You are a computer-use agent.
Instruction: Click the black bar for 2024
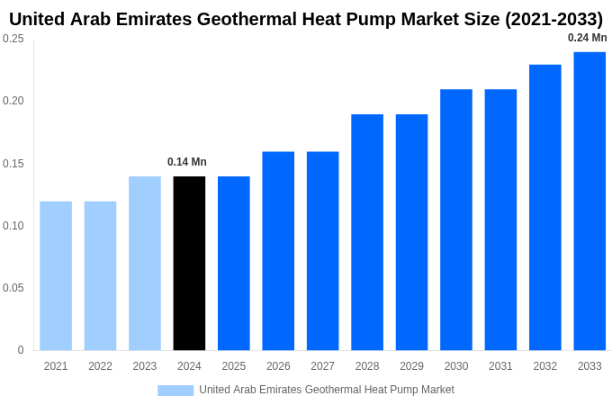tap(189, 263)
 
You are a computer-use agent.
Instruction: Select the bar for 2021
tap(56, 275)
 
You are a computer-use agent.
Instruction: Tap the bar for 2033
tap(589, 201)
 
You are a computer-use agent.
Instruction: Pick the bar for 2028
tap(367, 232)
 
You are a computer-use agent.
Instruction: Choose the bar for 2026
tap(278, 250)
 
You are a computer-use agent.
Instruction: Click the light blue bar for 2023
tap(145, 263)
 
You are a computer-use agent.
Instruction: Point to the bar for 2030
tap(456, 220)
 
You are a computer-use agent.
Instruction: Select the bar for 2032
tap(545, 207)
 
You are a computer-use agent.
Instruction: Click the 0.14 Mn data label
tap(187, 162)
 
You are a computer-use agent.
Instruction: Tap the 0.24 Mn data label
tap(587, 38)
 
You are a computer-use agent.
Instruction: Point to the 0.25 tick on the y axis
tap(13, 39)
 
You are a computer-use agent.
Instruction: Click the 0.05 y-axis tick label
tap(13, 288)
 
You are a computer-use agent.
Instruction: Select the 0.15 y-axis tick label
tap(13, 164)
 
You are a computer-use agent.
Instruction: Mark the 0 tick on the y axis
tap(21, 350)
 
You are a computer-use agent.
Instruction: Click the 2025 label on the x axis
tap(234, 366)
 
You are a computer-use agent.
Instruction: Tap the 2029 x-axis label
tap(411, 366)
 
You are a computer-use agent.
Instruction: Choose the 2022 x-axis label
tap(100, 366)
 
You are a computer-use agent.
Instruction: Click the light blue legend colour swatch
tap(175, 390)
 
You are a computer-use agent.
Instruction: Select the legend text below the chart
tap(327, 390)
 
